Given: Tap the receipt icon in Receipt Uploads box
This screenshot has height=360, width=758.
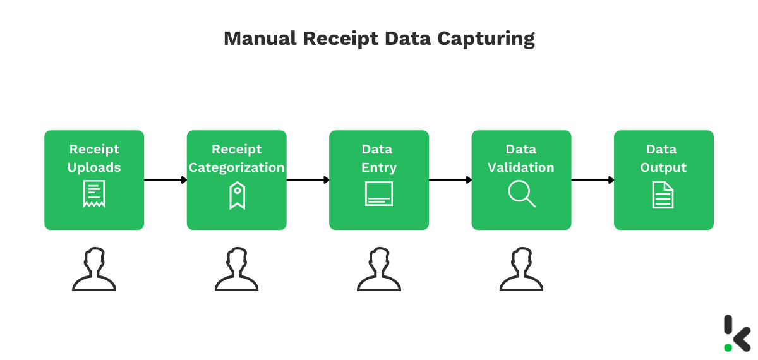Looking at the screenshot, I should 94,194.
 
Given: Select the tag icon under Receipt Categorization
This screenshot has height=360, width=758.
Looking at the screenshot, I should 237,195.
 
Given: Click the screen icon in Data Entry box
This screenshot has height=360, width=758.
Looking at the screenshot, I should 379,194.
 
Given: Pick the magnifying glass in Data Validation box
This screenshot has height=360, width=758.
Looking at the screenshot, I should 522,194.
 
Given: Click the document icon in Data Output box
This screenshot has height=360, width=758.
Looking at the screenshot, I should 663,195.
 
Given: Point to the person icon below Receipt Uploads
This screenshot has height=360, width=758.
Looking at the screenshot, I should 94,270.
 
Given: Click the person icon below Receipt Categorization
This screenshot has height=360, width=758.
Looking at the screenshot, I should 237,270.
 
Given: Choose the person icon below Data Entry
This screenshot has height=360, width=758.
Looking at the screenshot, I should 379,270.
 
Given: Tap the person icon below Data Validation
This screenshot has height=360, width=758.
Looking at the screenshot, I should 522,270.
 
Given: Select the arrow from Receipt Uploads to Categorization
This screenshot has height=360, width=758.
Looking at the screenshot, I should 165,180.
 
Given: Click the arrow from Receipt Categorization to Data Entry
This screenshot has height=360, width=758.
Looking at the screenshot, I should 308,180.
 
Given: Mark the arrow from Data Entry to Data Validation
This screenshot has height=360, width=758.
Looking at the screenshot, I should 450,180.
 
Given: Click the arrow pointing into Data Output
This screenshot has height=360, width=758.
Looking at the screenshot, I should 593,180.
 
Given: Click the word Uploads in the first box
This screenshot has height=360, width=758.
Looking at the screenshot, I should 94,167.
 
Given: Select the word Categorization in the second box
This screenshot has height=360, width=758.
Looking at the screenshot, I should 237,167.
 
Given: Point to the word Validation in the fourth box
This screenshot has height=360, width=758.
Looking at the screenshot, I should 522,167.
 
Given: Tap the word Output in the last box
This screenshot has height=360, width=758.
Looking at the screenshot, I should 663,167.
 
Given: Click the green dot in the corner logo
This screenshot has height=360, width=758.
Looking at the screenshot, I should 728,347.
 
